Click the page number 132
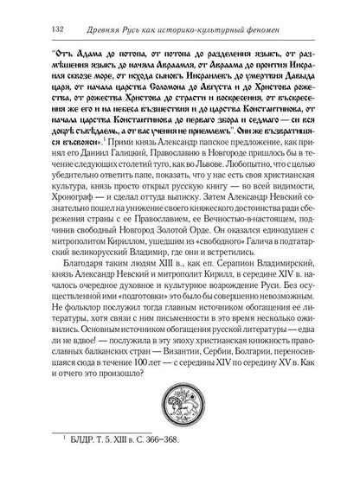35,22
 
